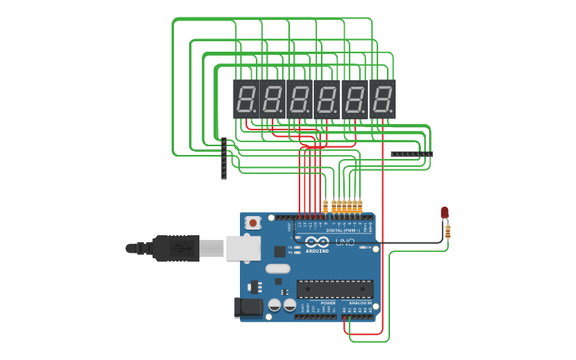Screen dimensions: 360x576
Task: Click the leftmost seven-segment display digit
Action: point(245,99)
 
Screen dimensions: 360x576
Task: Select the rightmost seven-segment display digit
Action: point(382,99)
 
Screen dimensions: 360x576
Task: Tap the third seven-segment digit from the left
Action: point(300,99)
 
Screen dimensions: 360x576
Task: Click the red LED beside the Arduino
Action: point(445,212)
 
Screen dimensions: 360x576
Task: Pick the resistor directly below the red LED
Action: point(448,231)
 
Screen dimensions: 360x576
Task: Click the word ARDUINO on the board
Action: point(317,250)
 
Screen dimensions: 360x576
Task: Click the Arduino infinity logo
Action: point(316,242)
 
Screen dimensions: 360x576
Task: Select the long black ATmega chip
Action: point(334,289)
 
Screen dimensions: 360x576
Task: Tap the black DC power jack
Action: point(248,308)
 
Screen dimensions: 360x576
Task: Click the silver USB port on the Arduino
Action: point(243,248)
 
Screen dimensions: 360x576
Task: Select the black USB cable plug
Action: point(175,248)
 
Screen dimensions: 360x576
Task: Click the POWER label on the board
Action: point(327,303)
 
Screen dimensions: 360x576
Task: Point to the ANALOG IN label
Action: point(358,303)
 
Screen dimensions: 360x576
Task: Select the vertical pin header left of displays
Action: point(224,158)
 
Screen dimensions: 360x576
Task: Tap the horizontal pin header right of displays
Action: point(412,153)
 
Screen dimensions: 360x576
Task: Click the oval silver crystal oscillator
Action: point(278,269)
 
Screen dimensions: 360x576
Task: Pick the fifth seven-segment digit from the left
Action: point(354,99)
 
